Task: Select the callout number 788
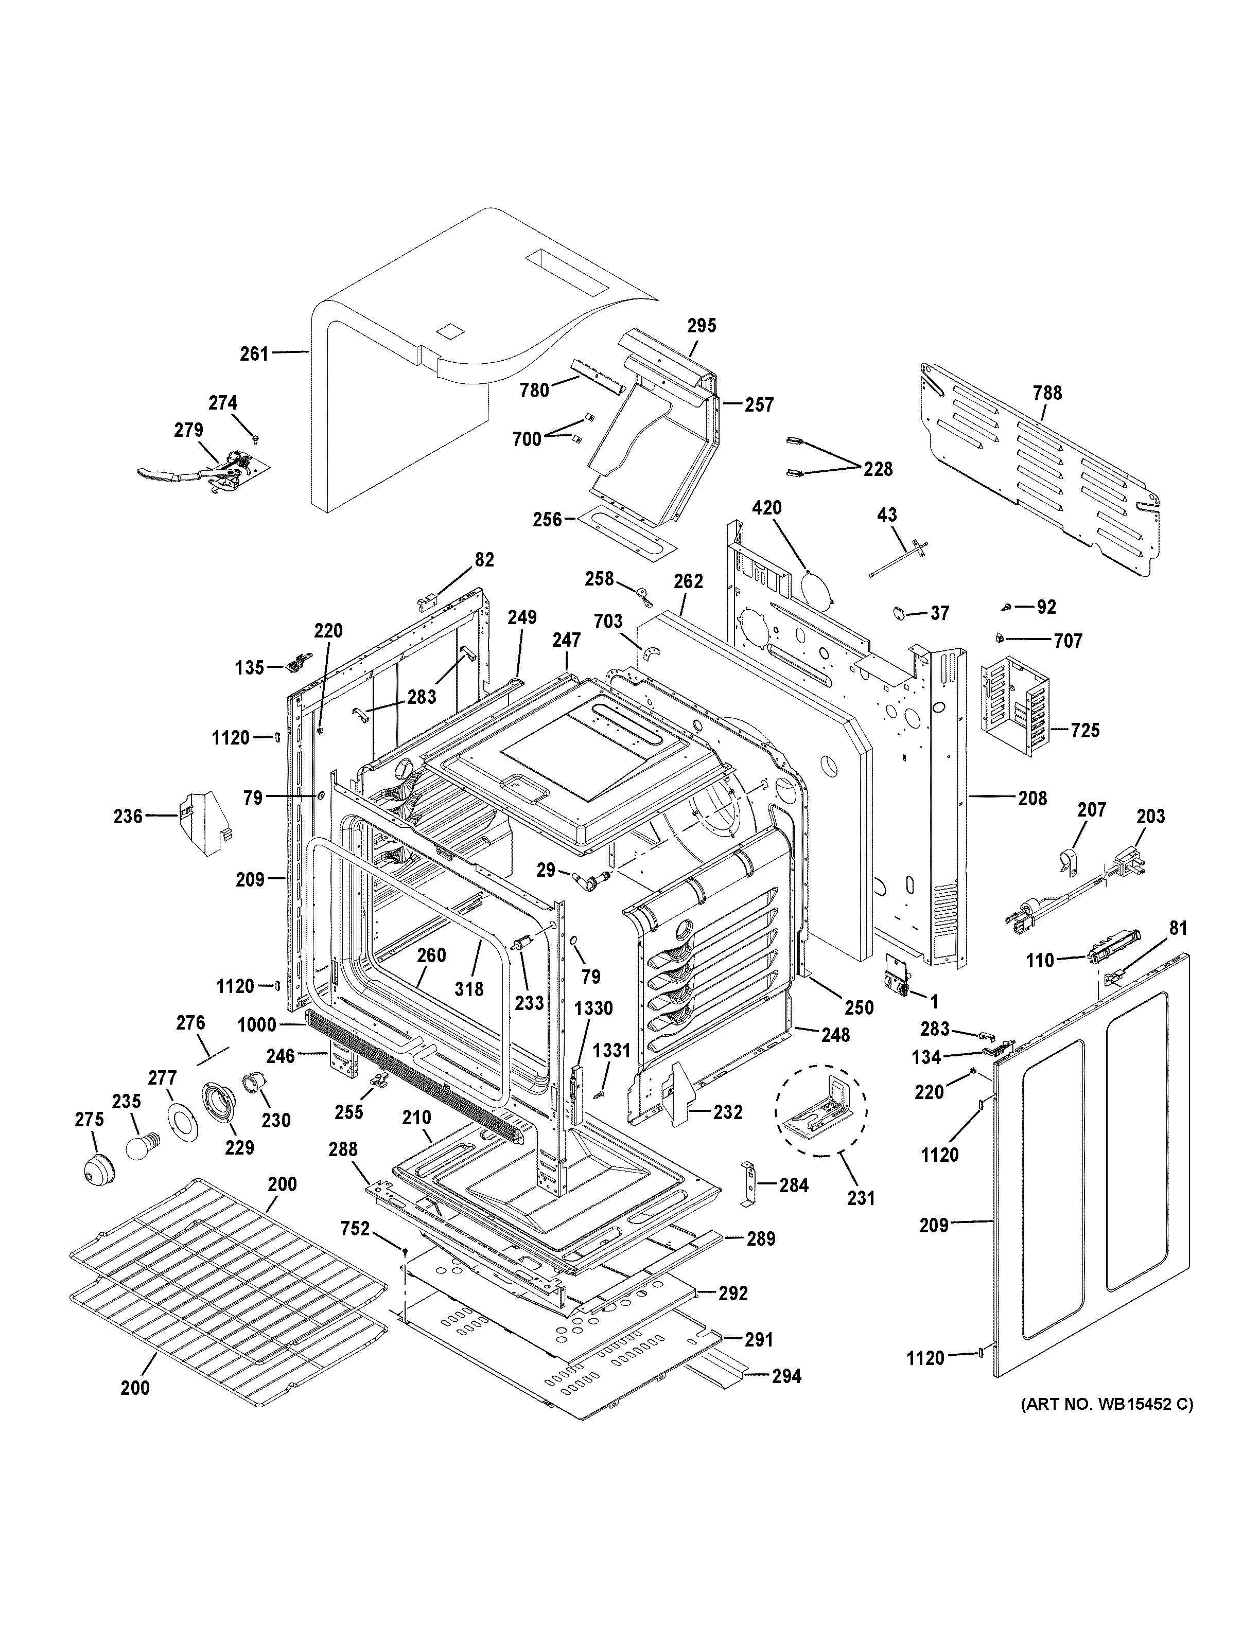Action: [x=1047, y=393]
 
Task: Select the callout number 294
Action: [x=786, y=1375]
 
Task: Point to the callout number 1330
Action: [x=593, y=1009]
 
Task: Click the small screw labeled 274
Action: [x=255, y=436]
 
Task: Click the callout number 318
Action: [x=469, y=988]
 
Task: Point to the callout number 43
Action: [x=887, y=515]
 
